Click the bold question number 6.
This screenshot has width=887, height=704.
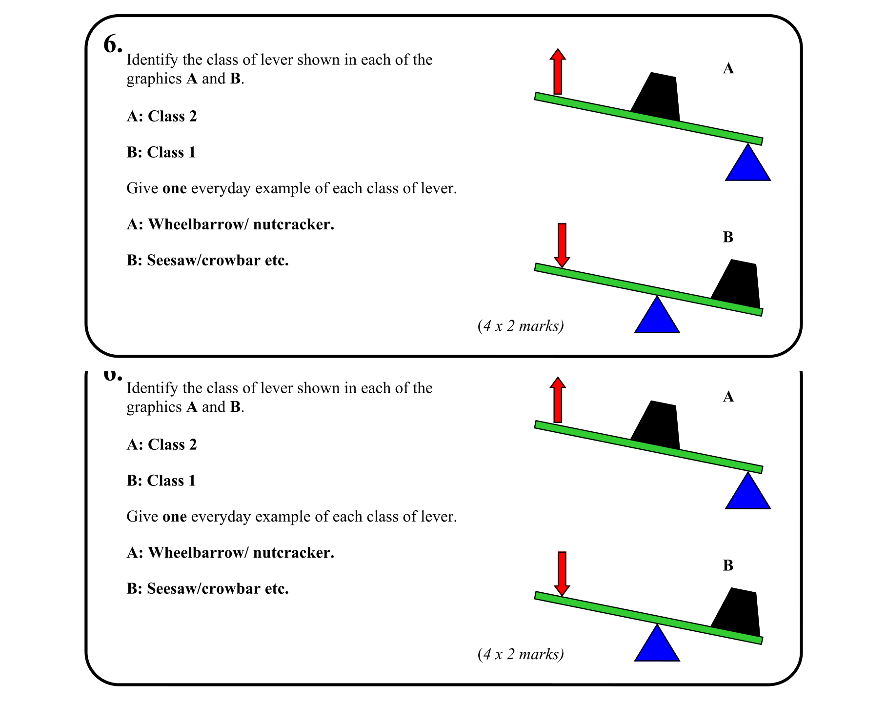[x=112, y=45]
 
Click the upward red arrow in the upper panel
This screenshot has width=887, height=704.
[x=558, y=71]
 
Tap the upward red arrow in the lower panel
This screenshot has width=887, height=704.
[x=558, y=400]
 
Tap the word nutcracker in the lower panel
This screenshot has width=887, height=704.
[x=294, y=553]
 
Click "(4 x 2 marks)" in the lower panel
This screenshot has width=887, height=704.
[x=521, y=654]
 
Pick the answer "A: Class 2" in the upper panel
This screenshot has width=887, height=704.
[x=161, y=116]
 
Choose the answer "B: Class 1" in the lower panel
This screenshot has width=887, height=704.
[x=161, y=481]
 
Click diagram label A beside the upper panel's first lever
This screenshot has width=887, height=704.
[x=728, y=69]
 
